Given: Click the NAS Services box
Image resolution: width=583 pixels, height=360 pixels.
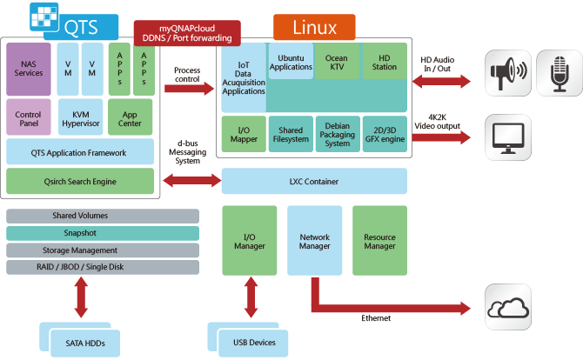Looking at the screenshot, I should point(28,68).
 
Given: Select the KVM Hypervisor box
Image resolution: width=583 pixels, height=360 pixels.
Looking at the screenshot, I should point(80,119).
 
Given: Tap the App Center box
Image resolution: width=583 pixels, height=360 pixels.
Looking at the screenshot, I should point(131,119).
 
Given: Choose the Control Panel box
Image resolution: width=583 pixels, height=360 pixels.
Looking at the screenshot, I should point(28,119).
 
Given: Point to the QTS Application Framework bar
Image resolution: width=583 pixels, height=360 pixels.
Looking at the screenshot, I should point(79,152).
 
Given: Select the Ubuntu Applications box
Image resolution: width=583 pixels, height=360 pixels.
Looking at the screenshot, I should point(291,62).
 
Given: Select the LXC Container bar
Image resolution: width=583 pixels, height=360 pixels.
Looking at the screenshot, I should point(314,181).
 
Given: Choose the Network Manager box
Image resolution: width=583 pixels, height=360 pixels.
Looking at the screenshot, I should point(314,241).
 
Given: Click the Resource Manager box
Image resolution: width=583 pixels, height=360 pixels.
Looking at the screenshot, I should point(379,241).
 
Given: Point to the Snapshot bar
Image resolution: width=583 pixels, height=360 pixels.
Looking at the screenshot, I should point(79,233).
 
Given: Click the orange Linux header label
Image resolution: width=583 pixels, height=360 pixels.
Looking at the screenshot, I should point(314,27).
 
